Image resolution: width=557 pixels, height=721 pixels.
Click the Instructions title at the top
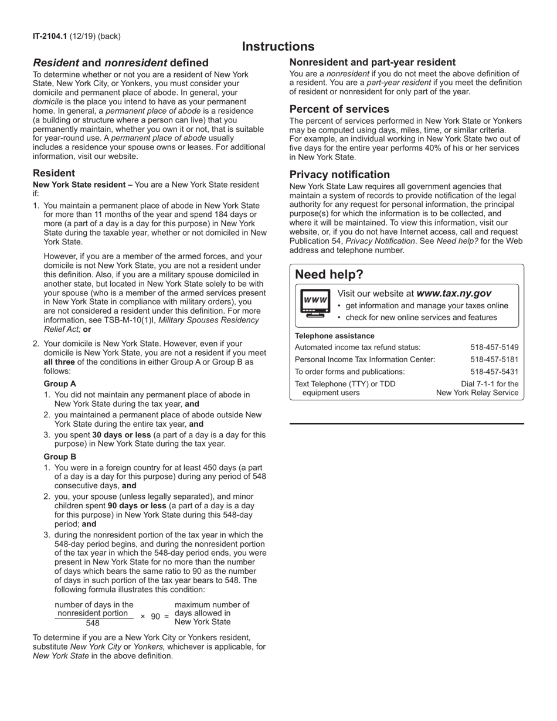278,47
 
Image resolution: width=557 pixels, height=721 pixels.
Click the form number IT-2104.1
50,36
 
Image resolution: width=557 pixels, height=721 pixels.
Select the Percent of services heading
339,110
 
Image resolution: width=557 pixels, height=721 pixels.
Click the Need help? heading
329,275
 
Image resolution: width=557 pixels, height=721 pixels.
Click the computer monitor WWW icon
315,303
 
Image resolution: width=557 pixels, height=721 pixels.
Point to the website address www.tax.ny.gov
454,294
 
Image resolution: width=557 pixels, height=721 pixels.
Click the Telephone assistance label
334,336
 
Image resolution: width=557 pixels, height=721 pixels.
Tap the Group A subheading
60,384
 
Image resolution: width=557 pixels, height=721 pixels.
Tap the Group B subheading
60,457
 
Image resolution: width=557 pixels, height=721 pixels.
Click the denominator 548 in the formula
93,623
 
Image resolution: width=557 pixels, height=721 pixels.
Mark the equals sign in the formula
167,617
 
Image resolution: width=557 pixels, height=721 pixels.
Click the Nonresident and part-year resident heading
372,62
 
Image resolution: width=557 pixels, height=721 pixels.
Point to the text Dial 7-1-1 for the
490,384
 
